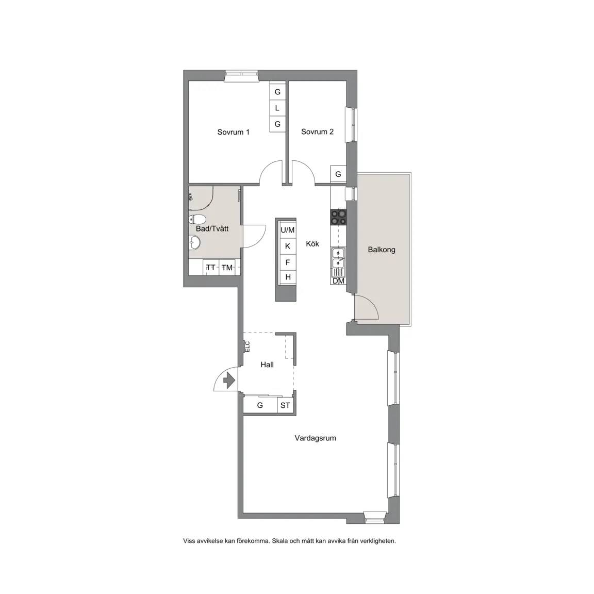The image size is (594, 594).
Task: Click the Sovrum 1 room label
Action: tap(233, 132)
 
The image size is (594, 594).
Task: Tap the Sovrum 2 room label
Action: tap(317, 132)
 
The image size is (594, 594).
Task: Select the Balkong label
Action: tap(382, 250)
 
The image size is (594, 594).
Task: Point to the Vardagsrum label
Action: tap(315, 438)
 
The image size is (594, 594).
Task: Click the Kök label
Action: tap(312, 243)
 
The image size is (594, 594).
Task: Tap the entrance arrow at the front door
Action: tap(228, 380)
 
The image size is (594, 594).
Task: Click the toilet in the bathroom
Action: tap(197, 219)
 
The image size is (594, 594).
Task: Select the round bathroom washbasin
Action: tap(195, 242)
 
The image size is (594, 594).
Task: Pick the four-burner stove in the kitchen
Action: tap(338, 217)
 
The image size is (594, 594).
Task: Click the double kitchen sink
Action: tap(338, 258)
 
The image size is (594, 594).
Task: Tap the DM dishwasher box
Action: tap(338, 280)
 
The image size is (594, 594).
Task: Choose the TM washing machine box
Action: tap(227, 268)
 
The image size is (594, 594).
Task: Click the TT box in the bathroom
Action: tap(211, 268)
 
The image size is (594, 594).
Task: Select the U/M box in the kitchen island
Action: tap(288, 230)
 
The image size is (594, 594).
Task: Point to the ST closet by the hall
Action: tap(285, 405)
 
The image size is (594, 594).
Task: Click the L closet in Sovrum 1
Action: tap(277, 108)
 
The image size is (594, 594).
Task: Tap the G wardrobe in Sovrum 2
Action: tap(338, 174)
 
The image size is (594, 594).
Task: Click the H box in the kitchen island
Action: tap(288, 277)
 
